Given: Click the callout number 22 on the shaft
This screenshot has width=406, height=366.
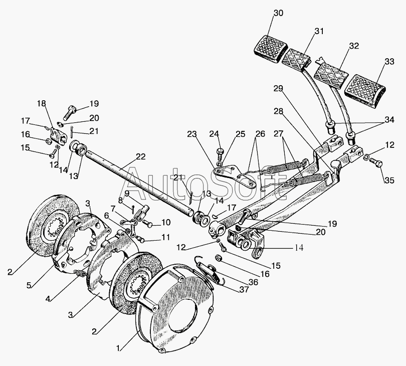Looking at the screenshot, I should (x=140, y=157).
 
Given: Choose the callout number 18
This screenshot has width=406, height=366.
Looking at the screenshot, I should (x=41, y=103).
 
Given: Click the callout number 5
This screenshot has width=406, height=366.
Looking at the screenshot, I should (x=30, y=285).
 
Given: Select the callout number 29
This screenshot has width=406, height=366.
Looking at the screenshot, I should (x=278, y=89).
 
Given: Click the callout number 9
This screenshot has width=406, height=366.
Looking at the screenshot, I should (x=127, y=193).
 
